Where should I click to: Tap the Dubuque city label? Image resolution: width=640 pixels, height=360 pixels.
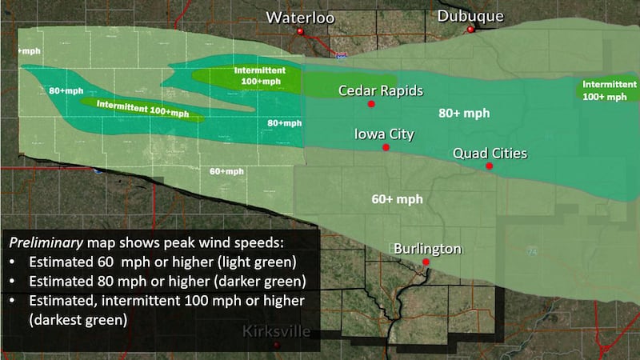click(x=470, y=16)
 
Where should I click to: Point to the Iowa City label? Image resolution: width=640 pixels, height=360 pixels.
click(x=384, y=134)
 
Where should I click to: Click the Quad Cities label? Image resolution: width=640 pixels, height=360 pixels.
click(x=490, y=153)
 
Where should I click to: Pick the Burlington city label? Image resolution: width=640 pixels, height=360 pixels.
click(x=427, y=249)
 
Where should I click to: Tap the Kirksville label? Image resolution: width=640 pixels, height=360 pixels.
click(x=276, y=331)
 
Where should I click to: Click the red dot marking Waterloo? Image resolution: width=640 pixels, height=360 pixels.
click(x=301, y=32)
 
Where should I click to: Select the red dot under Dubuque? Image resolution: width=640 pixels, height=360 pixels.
click(x=471, y=30)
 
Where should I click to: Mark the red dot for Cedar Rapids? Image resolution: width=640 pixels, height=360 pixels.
click(x=371, y=105)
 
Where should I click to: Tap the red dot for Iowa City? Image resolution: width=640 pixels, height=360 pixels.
click(x=386, y=148)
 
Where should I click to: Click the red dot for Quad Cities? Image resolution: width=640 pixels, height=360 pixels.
click(x=490, y=166)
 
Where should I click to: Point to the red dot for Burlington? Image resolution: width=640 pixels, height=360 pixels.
click(x=426, y=262)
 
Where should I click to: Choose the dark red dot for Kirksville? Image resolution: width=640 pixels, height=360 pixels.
click(x=277, y=346)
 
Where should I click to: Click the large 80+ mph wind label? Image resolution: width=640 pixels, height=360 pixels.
click(x=464, y=114)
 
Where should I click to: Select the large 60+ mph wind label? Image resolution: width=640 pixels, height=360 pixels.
click(x=398, y=198)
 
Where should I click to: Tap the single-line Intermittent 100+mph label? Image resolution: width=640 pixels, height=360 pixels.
click(x=142, y=108)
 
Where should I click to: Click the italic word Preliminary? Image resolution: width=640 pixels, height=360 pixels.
click(x=40, y=241)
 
